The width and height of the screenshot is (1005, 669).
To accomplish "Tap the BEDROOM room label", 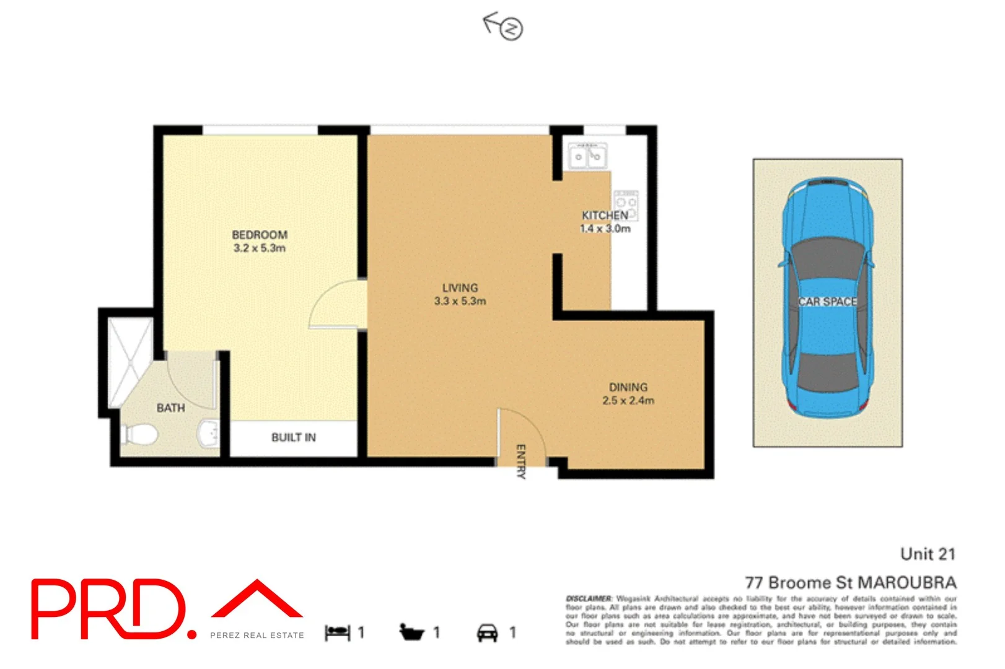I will (260, 235).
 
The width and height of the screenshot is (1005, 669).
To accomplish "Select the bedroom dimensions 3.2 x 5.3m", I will (260, 248).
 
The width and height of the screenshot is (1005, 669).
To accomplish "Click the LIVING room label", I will (460, 288).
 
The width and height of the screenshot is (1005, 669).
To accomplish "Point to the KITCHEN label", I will (605, 216).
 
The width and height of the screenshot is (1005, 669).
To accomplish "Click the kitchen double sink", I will (588, 156).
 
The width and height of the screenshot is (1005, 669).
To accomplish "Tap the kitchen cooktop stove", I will (625, 205).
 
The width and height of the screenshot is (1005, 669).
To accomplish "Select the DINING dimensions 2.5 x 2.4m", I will (628, 401).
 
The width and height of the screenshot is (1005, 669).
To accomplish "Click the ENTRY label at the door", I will (521, 461).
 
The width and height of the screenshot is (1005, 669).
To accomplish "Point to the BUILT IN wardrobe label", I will (294, 438).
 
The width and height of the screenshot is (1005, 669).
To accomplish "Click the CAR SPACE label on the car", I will (827, 302).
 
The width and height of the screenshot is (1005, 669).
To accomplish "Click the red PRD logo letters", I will (108, 609).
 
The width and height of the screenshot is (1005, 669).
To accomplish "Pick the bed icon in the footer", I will (337, 632).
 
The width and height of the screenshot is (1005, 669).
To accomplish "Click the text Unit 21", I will (927, 554).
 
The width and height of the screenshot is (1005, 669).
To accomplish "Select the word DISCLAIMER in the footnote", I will (589, 598).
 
